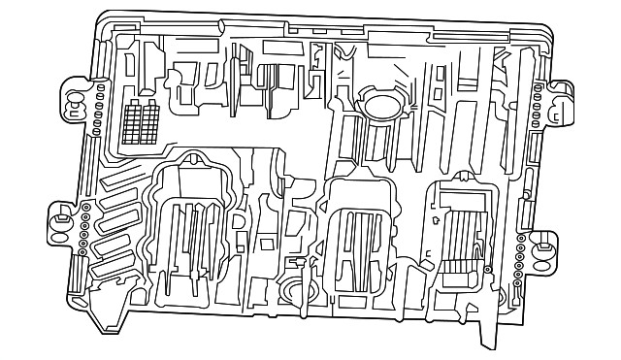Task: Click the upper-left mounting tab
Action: [75, 96]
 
